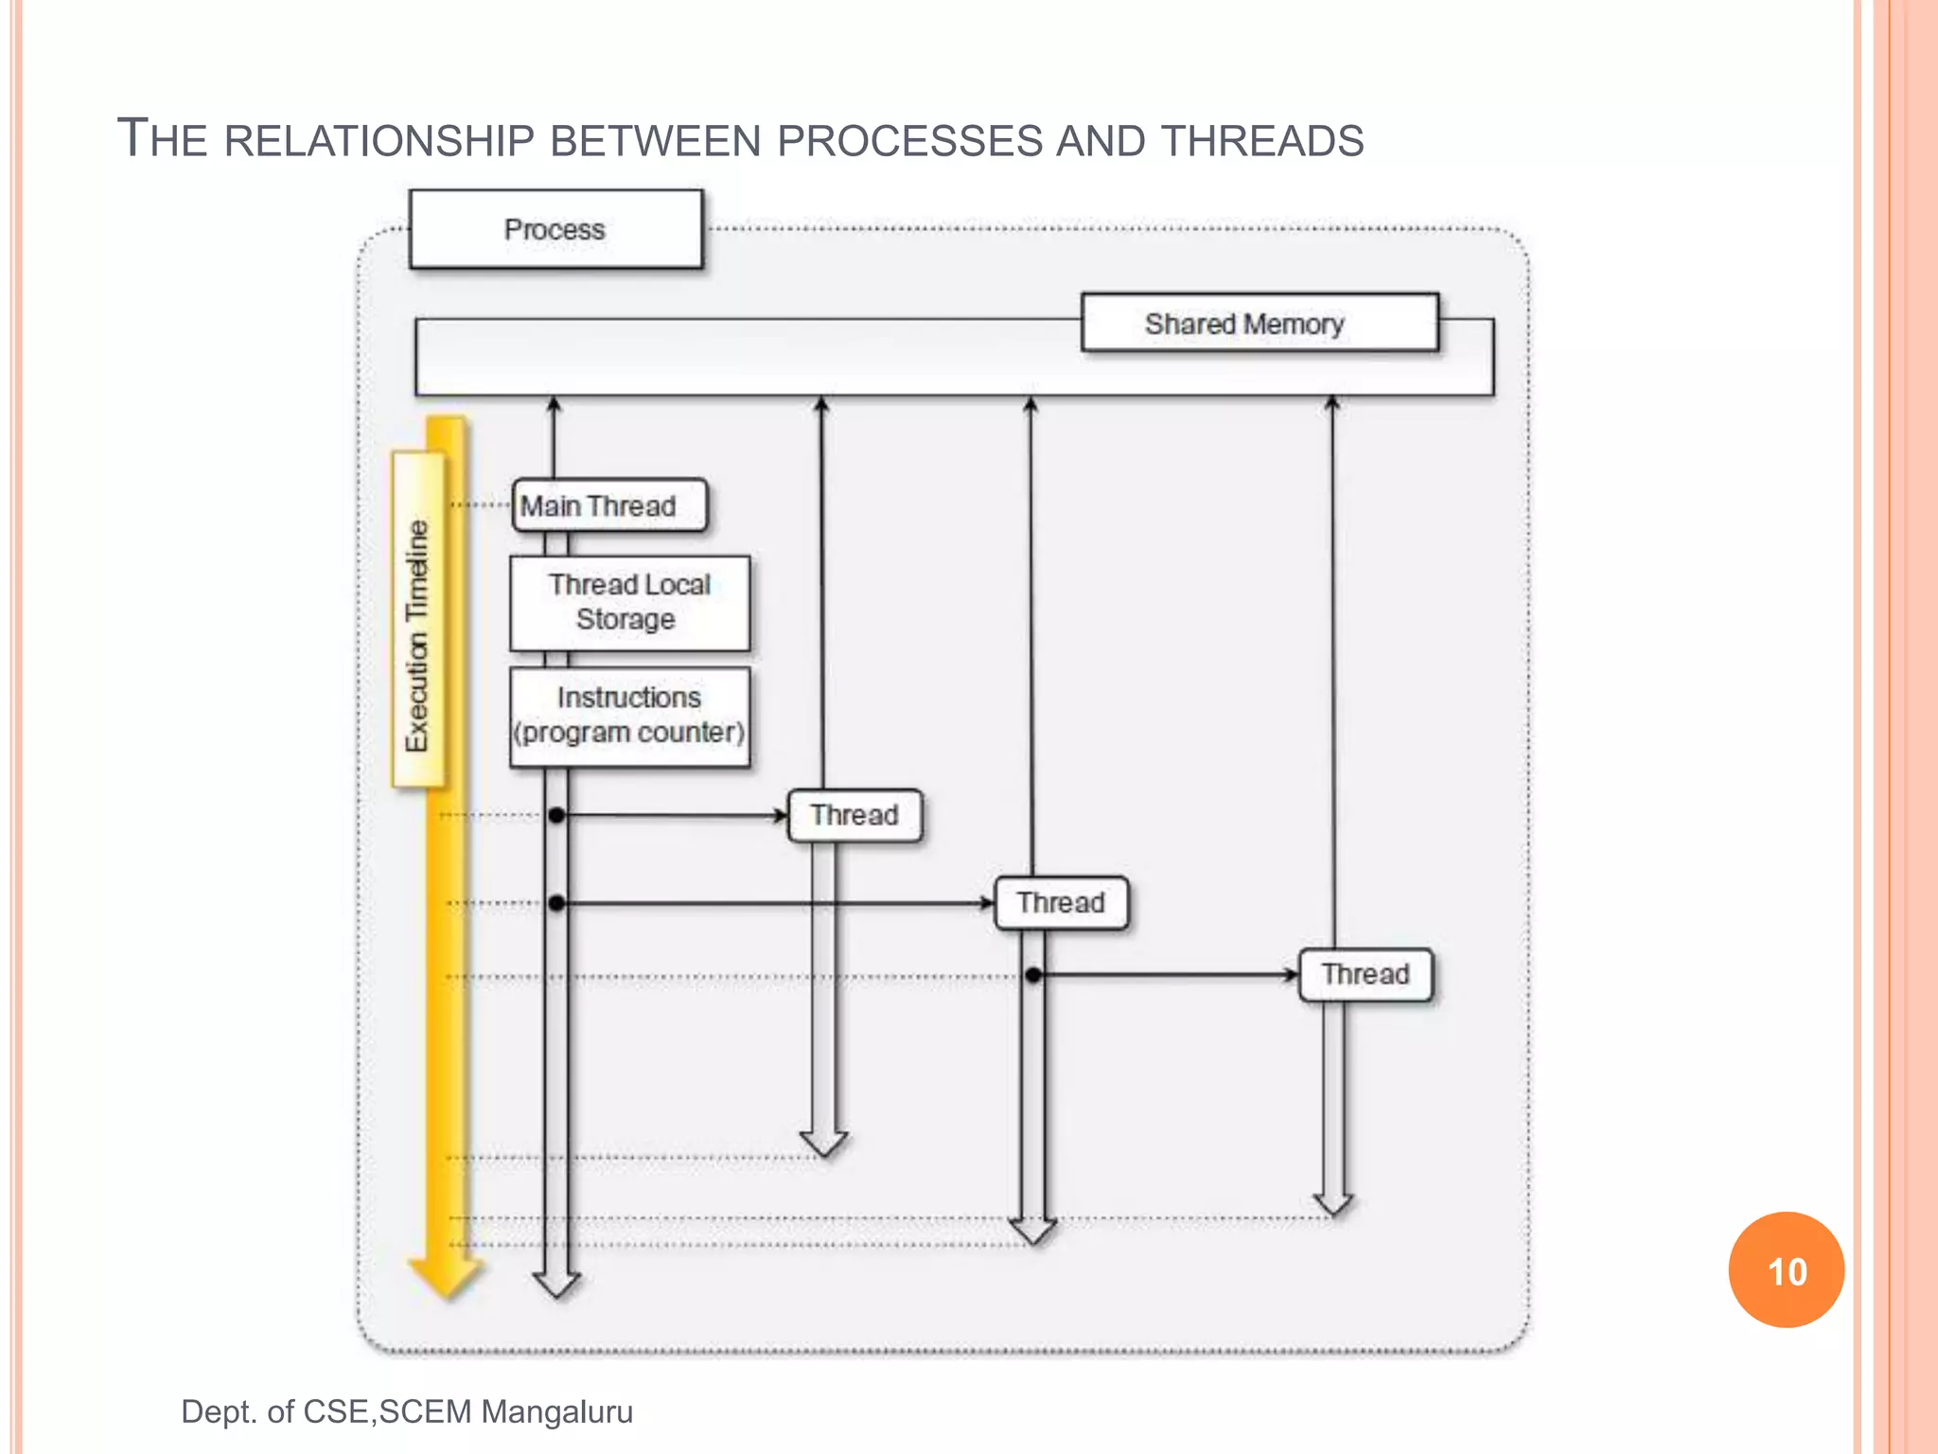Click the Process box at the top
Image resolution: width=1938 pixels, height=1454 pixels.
[555, 230]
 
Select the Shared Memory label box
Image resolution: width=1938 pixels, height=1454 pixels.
[1259, 324]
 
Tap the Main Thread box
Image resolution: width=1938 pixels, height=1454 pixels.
[608, 505]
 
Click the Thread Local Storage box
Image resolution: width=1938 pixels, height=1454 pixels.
[629, 603]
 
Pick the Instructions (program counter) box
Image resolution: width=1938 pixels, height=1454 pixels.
[629, 716]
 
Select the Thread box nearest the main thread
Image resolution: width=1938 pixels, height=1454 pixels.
[854, 815]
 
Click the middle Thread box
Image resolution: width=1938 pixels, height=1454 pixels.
[1061, 903]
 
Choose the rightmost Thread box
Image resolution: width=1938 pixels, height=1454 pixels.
[1365, 974]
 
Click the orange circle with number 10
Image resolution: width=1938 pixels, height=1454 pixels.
[1786, 1270]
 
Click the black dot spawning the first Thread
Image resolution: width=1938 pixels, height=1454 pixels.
[556, 815]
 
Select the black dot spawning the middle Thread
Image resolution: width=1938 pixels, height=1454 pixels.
[556, 903]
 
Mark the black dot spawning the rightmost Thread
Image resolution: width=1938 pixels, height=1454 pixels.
[1033, 974]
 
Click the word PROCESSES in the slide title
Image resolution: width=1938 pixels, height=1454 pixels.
[909, 141]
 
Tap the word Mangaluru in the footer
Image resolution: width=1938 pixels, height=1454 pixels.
[556, 1411]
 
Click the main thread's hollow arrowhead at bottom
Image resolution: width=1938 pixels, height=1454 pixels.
[556, 1285]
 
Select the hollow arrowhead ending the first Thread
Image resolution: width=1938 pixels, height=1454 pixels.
[823, 1143]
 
